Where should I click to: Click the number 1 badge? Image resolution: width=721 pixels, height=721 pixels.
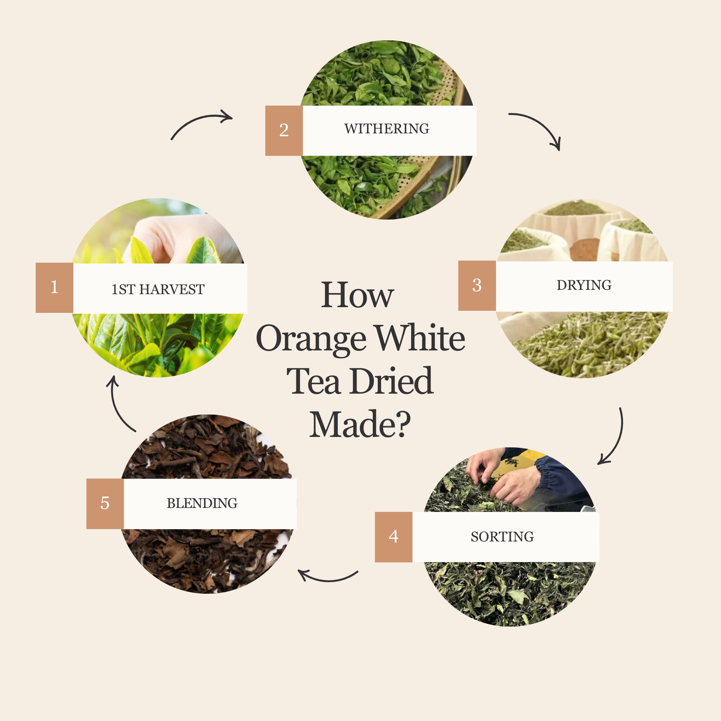[54, 287]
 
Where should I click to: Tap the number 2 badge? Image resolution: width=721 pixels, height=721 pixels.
[284, 131]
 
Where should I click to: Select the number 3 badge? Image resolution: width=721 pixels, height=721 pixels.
[477, 286]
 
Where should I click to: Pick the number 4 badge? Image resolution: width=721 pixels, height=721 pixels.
[394, 537]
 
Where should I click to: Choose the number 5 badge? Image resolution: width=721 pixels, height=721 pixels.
[105, 504]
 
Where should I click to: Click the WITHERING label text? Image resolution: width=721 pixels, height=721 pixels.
[386, 129]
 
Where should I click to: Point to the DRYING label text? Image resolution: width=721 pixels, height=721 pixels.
[584, 285]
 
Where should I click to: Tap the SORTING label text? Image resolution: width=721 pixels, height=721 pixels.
[502, 537]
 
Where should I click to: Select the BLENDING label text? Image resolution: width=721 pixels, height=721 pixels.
[202, 503]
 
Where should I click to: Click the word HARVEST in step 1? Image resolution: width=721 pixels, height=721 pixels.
[172, 289]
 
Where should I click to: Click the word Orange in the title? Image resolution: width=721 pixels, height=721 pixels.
[311, 339]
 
